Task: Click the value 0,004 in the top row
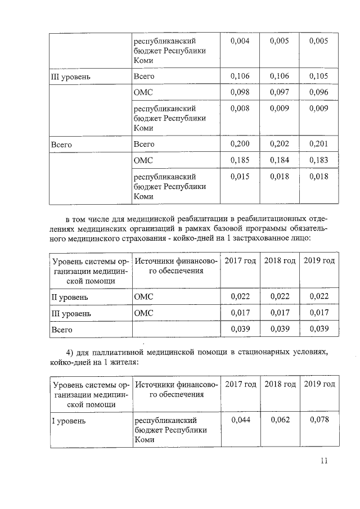[x=240, y=41]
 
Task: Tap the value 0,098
[x=240, y=92]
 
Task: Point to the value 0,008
[x=240, y=108]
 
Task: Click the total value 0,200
[x=240, y=145]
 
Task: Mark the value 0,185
[x=240, y=160]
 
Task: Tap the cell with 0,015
[x=240, y=177]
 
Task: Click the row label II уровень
[x=70, y=296]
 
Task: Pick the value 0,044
[x=241, y=420]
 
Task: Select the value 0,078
[x=319, y=420]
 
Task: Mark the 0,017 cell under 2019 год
[x=319, y=313]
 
